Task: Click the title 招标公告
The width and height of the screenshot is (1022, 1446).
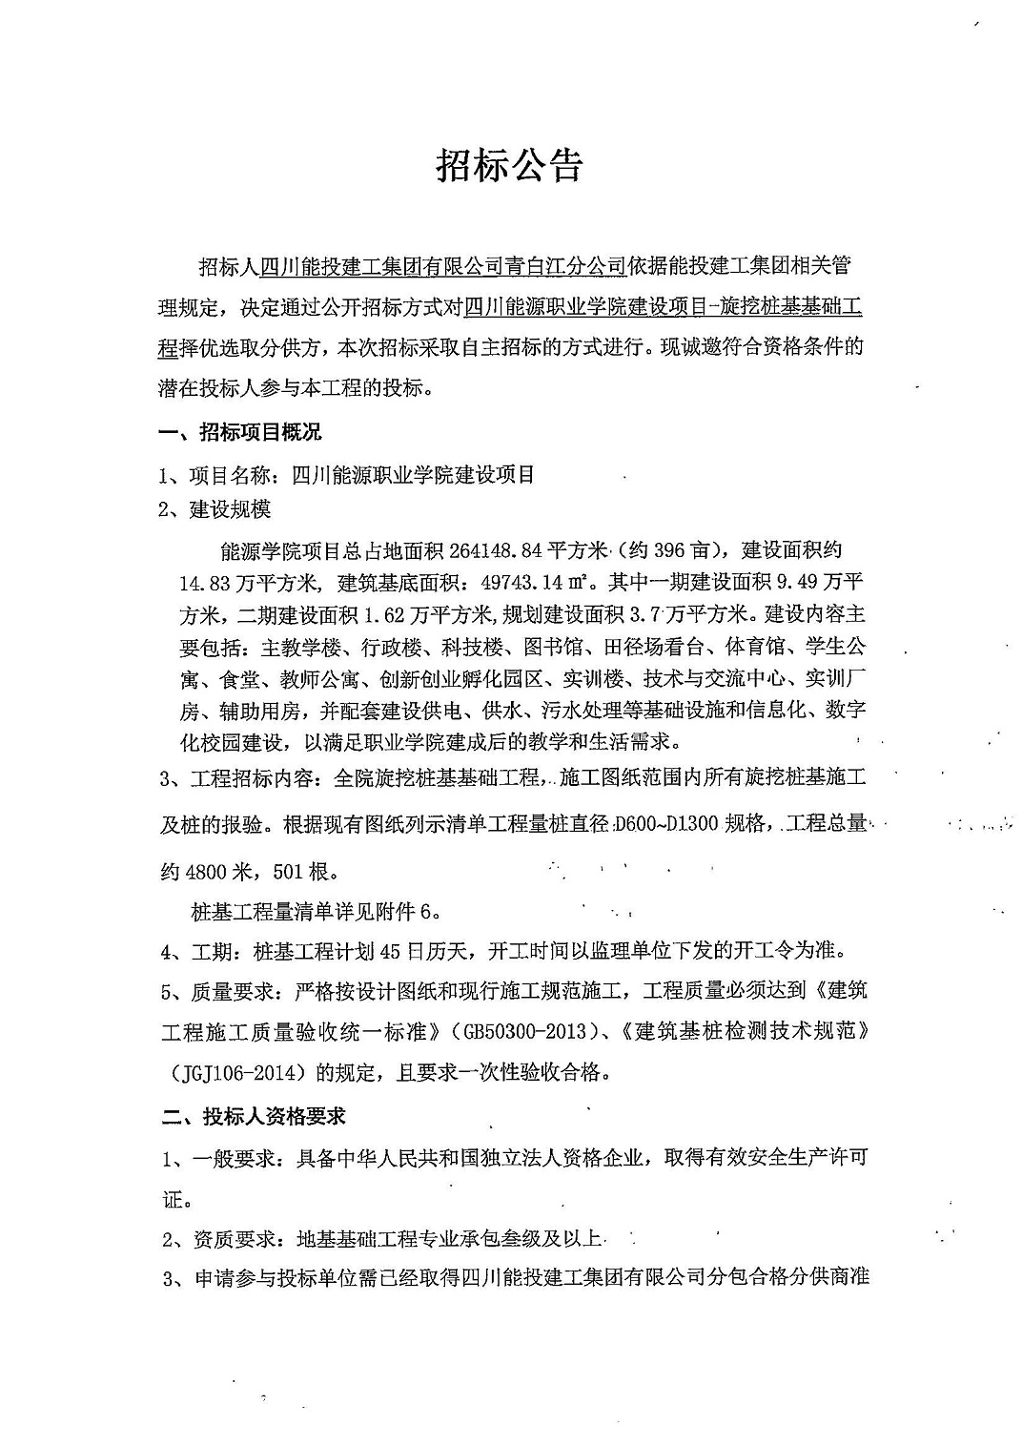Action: tap(510, 165)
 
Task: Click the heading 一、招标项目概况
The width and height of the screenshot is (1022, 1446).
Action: tap(241, 433)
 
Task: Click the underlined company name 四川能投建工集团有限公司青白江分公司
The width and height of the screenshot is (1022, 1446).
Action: tap(442, 266)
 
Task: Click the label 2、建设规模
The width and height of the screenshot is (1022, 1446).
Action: tap(215, 509)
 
